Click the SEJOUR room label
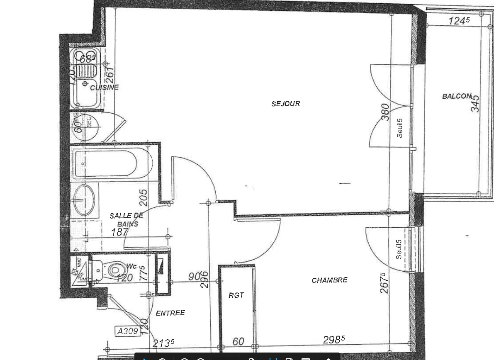(x=285, y=103)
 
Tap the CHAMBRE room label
(x=329, y=280)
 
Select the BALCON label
(x=457, y=96)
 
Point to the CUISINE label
(x=104, y=87)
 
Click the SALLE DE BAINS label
(x=127, y=219)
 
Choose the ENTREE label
(x=170, y=313)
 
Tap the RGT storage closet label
(x=236, y=295)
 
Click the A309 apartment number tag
(x=127, y=331)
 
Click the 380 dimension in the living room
(x=386, y=112)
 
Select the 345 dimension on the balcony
(x=475, y=103)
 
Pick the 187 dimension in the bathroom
(x=119, y=232)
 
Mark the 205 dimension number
(x=143, y=198)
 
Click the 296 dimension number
(x=204, y=280)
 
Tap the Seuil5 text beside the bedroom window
(x=399, y=249)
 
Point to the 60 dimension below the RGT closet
(x=238, y=341)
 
